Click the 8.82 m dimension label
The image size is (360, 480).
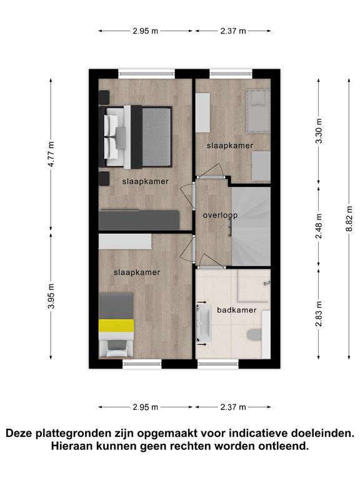(x=349, y=219)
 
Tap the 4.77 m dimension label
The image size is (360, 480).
(x=51, y=154)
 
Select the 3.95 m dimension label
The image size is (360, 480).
(x=51, y=296)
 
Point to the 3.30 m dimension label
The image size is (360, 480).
(x=319, y=131)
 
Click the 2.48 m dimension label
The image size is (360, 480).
(x=319, y=226)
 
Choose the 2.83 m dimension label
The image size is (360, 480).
(x=319, y=314)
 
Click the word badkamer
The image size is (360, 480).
(x=237, y=310)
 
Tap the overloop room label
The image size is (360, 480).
(x=220, y=216)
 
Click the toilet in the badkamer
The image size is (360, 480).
(x=255, y=335)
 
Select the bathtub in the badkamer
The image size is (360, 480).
(x=204, y=324)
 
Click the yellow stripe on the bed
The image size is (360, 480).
(x=116, y=326)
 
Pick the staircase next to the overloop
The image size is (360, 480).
(x=251, y=226)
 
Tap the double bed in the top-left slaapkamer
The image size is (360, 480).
(x=135, y=136)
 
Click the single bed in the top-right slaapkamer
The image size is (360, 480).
(x=258, y=111)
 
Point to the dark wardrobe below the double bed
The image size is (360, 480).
(x=139, y=220)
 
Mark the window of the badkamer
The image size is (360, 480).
(x=218, y=364)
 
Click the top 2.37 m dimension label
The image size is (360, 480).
(x=233, y=31)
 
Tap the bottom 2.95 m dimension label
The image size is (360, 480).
(x=146, y=407)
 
